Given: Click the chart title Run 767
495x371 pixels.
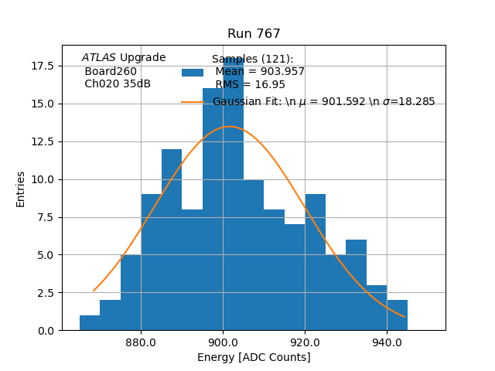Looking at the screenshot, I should pos(254,34).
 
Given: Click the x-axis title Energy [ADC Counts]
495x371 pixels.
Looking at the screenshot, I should pos(254,357).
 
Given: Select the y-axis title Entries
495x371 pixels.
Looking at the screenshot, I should pos(21,189).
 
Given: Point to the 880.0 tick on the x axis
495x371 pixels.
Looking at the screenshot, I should pos(141,342).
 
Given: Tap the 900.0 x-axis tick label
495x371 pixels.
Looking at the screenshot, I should pos(223,342).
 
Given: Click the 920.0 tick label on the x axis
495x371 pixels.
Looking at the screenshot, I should pos(305,342).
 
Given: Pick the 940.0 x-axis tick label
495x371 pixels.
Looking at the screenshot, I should pos(386,342).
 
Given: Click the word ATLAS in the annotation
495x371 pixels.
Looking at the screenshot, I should pos(99,57).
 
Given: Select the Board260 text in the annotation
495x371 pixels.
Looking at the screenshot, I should pos(111,71).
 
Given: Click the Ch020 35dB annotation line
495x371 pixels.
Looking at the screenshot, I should pos(118,83).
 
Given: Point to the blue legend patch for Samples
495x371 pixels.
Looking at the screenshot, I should pos(193,72).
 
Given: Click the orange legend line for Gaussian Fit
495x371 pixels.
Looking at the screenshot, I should pos(193,102).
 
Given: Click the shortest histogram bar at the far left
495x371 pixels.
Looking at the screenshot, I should pos(90,323).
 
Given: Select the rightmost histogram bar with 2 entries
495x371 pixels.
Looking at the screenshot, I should pos(397,315).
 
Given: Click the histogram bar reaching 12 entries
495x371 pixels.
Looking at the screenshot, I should pos(172,240).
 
